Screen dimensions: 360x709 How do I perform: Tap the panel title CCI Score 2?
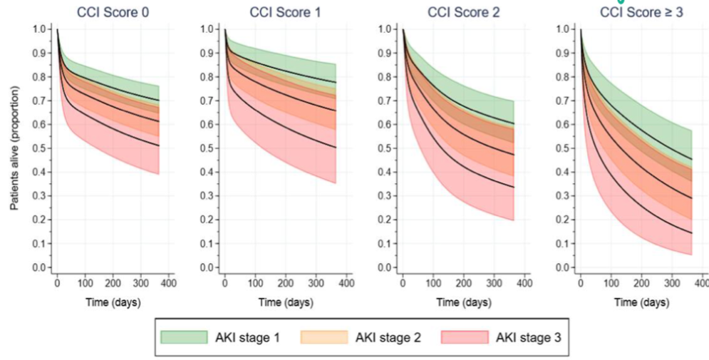coord(462,12)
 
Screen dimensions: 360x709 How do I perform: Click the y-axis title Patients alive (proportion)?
coord(14,148)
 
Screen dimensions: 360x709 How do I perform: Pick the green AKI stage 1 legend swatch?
coord(183,336)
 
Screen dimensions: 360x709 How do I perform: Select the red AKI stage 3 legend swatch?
coord(465,336)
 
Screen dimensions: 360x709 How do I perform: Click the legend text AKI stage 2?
coord(387,336)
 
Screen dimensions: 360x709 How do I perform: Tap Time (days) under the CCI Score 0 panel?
coord(113,302)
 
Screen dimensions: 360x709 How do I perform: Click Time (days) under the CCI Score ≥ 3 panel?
coord(641,302)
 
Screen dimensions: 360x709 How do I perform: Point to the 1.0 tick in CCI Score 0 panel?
coord(40,29)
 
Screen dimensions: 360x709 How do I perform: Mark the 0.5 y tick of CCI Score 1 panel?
coord(207,148)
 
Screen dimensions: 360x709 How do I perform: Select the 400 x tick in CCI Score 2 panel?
coord(524,283)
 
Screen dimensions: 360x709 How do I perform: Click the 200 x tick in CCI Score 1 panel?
coord(285,283)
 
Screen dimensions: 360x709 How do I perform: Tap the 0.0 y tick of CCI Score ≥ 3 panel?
coord(564,267)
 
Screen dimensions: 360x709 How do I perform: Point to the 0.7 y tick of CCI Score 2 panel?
coord(385,101)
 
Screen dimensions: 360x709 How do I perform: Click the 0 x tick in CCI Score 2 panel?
coord(403,283)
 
